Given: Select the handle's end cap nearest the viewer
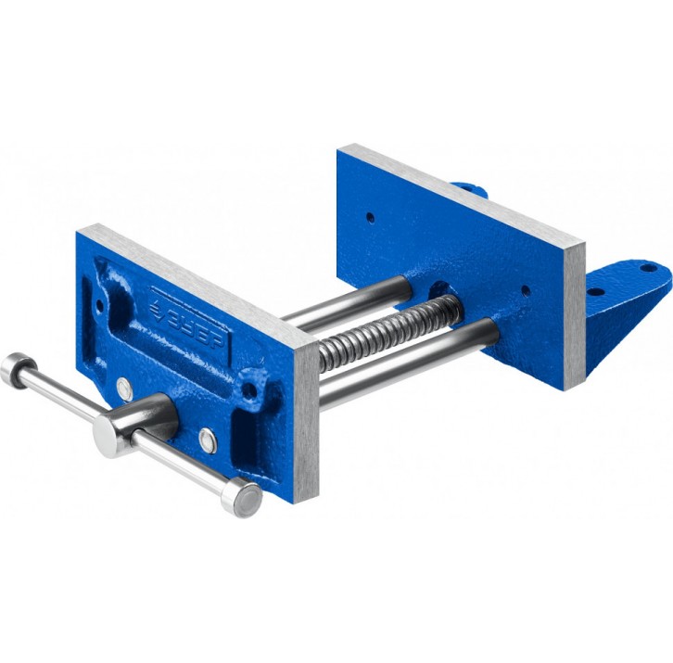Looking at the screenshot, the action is pyautogui.click(x=242, y=497).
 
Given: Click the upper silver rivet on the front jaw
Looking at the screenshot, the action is pyautogui.click(x=124, y=389).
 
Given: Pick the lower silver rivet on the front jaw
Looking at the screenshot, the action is pyautogui.click(x=208, y=440).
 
